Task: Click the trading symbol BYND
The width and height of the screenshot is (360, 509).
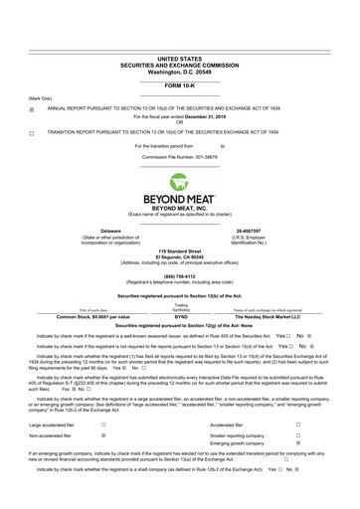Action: tap(180, 316)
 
